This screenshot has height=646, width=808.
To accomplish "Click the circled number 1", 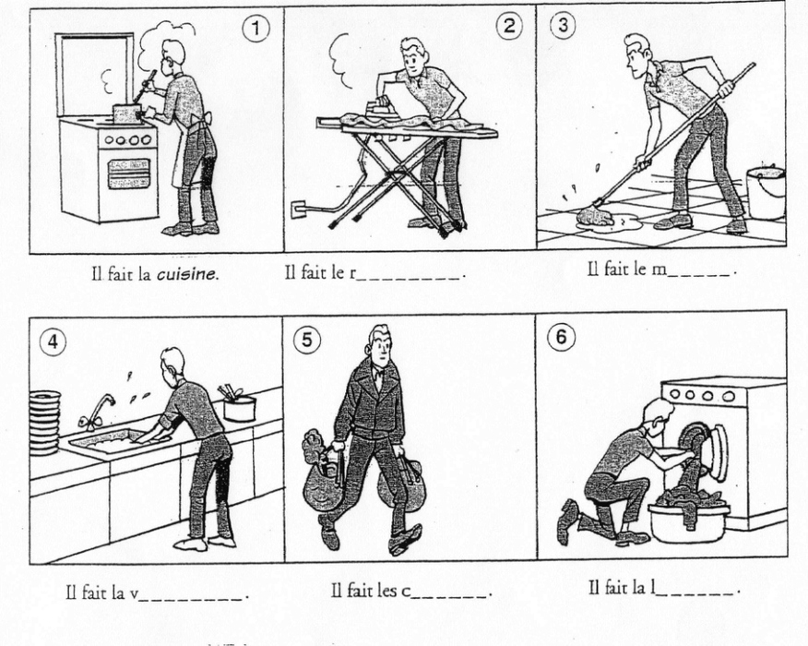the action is [x=255, y=29].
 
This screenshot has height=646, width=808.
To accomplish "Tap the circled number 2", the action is [x=509, y=26].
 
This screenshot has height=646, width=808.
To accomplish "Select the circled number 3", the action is [x=564, y=24].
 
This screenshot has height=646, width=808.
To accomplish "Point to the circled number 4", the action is [x=53, y=341].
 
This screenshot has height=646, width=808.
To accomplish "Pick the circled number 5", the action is [x=307, y=341].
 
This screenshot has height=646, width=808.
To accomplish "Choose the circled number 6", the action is [x=561, y=337].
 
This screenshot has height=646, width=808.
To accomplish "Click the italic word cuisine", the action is [x=186, y=274].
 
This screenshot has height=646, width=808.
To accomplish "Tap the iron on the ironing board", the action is [x=381, y=108].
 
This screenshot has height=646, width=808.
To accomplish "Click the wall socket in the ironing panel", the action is [x=298, y=209].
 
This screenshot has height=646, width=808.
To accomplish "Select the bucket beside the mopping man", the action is [x=766, y=191].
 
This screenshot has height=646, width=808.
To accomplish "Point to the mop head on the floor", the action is [x=596, y=217].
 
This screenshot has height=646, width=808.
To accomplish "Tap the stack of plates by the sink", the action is [x=45, y=424].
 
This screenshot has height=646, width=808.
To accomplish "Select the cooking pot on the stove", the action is [x=126, y=113].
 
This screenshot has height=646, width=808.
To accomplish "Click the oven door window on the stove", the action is [x=129, y=173].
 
